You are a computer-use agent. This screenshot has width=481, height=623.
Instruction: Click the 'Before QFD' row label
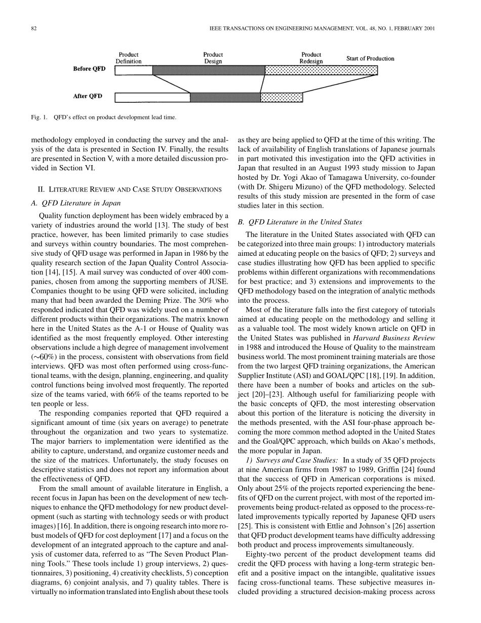pyautogui.click(x=89, y=69)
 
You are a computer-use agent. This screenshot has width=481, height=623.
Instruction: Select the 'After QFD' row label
pyautogui.click(x=88, y=96)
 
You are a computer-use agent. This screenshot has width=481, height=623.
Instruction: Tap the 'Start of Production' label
pyautogui.click(x=370, y=59)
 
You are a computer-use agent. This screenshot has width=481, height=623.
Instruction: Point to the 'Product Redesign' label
pyautogui.click(x=311, y=58)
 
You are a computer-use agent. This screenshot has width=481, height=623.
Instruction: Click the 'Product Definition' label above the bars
pyautogui.click(x=129, y=58)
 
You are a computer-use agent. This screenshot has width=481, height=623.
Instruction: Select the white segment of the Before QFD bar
pyautogui.click(x=134, y=70)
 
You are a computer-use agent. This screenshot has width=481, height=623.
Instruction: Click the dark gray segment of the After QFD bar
pyautogui.click(x=225, y=97)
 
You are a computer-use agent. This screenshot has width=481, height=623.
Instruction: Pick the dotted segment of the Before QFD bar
pyautogui.click(x=321, y=70)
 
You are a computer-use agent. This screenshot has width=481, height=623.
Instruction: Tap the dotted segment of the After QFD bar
pyautogui.click(x=282, y=97)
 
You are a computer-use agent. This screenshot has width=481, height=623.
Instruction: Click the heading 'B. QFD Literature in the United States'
pyautogui.click(x=304, y=222)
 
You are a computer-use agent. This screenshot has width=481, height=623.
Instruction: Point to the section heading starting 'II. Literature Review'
pyautogui.click(x=130, y=189)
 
